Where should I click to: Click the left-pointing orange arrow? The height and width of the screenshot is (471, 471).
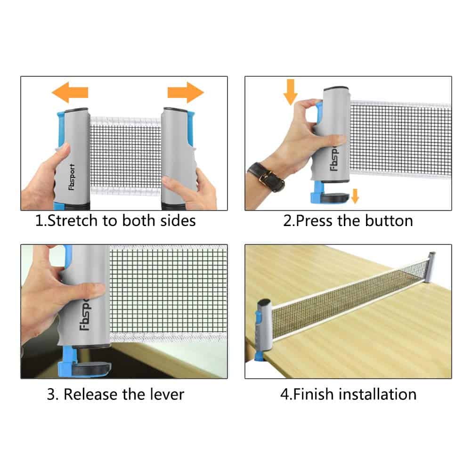[70, 92]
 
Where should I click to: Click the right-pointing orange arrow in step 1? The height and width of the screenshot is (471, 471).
[186, 92]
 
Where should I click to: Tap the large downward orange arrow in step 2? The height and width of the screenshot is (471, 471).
[291, 92]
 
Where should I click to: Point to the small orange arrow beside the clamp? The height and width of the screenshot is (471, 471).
[355, 196]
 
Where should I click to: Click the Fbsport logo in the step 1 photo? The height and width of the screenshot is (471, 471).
[72, 177]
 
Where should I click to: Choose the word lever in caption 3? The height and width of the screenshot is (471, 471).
[167, 394]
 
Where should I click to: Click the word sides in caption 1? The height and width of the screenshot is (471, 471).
[178, 221]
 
